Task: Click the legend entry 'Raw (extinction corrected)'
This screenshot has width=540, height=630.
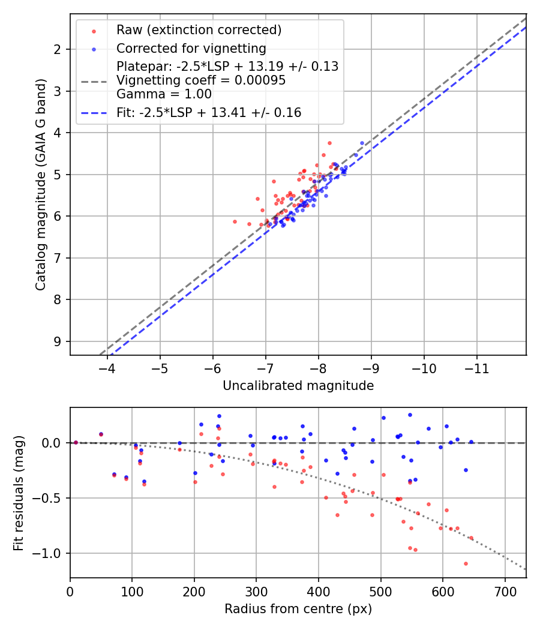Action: pyautogui.click(x=199, y=30)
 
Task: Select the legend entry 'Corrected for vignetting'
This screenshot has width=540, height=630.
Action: pyautogui.click(x=191, y=49)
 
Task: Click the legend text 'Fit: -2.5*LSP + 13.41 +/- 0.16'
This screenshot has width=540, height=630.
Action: pyautogui.click(x=209, y=112)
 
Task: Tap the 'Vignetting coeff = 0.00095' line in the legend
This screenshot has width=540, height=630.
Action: pyautogui.click(x=201, y=80)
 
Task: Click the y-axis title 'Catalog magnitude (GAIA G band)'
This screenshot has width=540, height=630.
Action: pyautogui.click(x=40, y=184)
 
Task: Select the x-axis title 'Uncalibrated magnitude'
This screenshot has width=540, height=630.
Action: pyautogui.click(x=298, y=386)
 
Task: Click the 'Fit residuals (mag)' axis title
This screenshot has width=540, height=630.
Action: pyautogui.click(x=19, y=493)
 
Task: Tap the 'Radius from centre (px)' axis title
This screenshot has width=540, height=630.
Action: pyautogui.click(x=298, y=609)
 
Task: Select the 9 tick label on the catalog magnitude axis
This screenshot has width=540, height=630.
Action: pyautogui.click(x=57, y=341)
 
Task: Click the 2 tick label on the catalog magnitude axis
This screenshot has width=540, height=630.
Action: pyautogui.click(x=57, y=49)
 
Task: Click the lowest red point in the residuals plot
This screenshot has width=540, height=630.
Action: pyautogui.click(x=466, y=563)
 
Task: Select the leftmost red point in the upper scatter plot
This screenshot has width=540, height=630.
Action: pyautogui.click(x=235, y=221)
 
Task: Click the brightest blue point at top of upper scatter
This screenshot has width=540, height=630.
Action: pyautogui.click(x=362, y=143)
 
